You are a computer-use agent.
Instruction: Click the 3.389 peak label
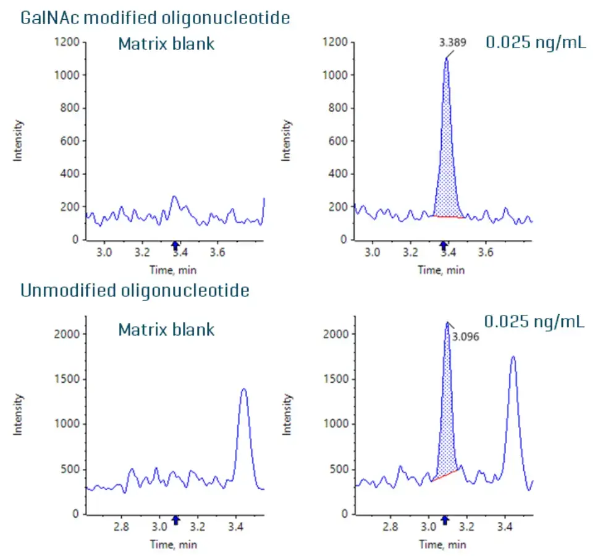453,43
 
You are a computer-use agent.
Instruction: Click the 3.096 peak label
466,337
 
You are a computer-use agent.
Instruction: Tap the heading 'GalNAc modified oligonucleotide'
155,17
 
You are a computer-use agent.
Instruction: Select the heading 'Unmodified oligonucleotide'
135,290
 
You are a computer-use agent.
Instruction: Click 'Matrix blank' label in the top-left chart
166,45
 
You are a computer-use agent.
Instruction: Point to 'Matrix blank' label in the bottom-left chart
166,330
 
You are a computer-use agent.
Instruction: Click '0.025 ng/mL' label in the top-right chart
535,43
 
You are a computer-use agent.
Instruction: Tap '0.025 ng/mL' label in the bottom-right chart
535,322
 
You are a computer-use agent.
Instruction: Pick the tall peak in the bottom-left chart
243,433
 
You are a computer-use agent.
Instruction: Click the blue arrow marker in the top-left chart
175,246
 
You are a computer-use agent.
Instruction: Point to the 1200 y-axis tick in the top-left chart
65,42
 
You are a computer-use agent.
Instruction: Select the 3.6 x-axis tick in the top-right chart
486,253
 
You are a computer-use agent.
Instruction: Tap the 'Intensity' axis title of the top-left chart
19,140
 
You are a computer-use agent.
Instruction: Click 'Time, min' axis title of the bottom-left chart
173,544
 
